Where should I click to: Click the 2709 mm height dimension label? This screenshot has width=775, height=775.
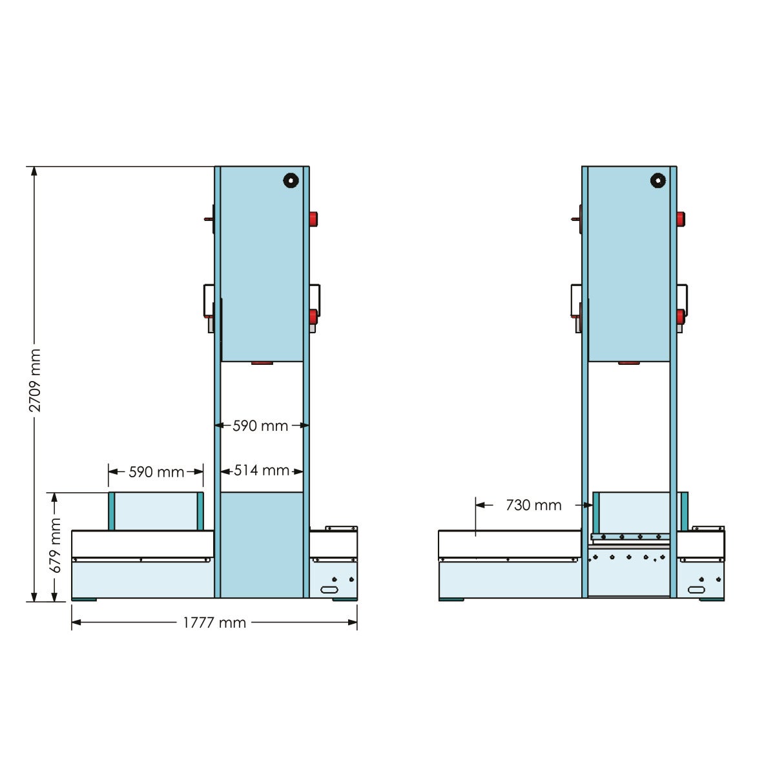point(35,380)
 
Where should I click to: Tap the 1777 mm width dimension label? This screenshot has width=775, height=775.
point(214,623)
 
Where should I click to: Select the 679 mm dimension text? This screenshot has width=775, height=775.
point(55,545)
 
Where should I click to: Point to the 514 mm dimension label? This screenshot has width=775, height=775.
point(262,470)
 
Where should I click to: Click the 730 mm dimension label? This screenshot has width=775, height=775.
point(533,505)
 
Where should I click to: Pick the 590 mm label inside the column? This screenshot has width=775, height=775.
point(260,426)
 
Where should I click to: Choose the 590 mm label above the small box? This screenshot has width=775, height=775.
point(156,471)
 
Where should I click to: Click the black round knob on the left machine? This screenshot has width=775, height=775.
point(291,180)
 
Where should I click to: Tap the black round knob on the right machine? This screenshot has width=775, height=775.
point(658,180)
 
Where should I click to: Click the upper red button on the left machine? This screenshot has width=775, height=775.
point(313,219)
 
